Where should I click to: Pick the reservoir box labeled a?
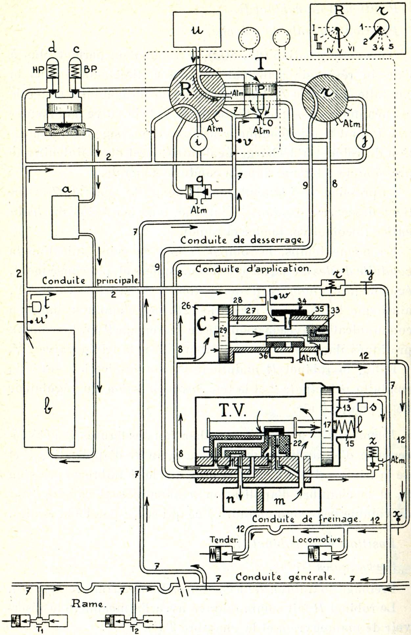pyautogui.click(x=66, y=217)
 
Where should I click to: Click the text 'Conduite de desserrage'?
pyautogui.click(x=241, y=240)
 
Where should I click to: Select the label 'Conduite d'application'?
pyautogui.click(x=252, y=269)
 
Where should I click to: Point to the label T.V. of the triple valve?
pyautogui.click(x=233, y=411)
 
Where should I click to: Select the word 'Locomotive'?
pyautogui.click(x=317, y=540)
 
